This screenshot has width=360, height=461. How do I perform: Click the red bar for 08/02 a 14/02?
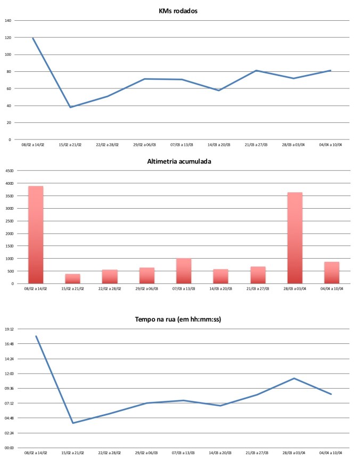tap(35, 234)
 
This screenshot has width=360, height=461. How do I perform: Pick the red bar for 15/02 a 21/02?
tap(72, 278)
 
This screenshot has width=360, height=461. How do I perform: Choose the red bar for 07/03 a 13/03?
tap(184, 270)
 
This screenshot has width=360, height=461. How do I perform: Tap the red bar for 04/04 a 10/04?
tap(331, 273)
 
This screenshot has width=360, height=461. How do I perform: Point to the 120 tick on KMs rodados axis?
tap(7, 38)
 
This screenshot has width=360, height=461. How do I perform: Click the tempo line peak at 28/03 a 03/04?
tap(294, 378)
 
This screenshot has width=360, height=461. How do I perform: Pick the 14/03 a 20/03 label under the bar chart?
tap(220, 288)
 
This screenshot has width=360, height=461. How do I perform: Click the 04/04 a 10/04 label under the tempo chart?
tap(331, 452)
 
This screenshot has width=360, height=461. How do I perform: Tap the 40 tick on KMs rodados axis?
tap(9, 106)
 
